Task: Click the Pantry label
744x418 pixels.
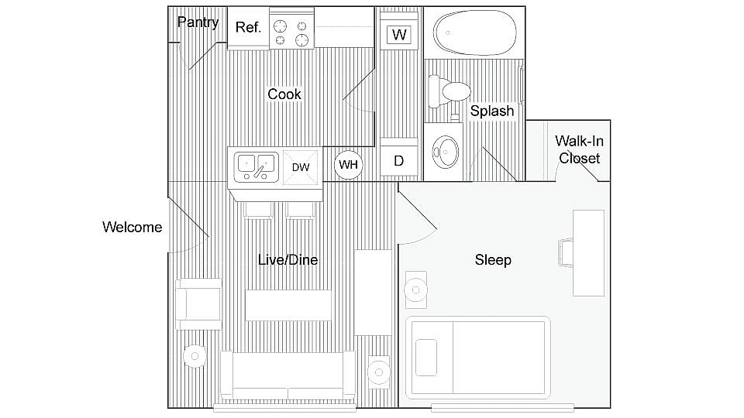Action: (x=198, y=22)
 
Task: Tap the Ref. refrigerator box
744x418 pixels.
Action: (x=248, y=28)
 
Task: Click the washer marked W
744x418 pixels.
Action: (x=399, y=35)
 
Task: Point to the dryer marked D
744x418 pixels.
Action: (x=399, y=160)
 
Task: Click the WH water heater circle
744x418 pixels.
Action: (x=348, y=164)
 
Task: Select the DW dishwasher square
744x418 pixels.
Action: (x=301, y=167)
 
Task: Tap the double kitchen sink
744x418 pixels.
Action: (x=256, y=165)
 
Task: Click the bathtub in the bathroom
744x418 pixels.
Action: (x=473, y=32)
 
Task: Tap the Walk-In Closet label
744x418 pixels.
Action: (x=579, y=149)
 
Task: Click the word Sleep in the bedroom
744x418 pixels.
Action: (x=493, y=260)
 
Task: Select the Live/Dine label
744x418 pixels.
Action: (x=288, y=260)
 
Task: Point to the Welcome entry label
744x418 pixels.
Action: (x=133, y=227)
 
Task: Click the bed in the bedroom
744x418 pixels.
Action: (x=477, y=357)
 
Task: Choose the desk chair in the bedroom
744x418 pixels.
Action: (x=566, y=252)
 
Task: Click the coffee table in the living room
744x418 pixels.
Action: (x=288, y=305)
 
